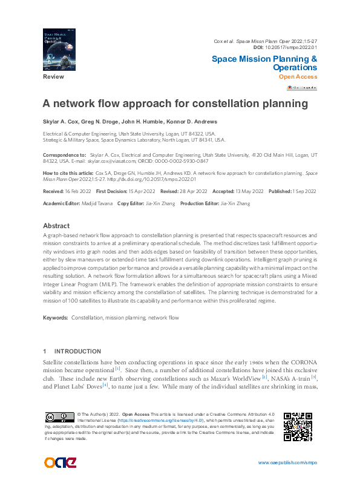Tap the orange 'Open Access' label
[x=298, y=77]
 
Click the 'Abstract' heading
[x=56, y=226]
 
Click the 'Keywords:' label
[x=55, y=317]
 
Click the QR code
[x=298, y=426]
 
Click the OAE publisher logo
[x=60, y=462]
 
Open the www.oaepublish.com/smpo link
[x=287, y=462]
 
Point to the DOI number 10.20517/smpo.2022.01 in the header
[x=293, y=47]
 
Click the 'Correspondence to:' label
[x=64, y=156]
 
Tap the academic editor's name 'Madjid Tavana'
[x=97, y=203]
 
